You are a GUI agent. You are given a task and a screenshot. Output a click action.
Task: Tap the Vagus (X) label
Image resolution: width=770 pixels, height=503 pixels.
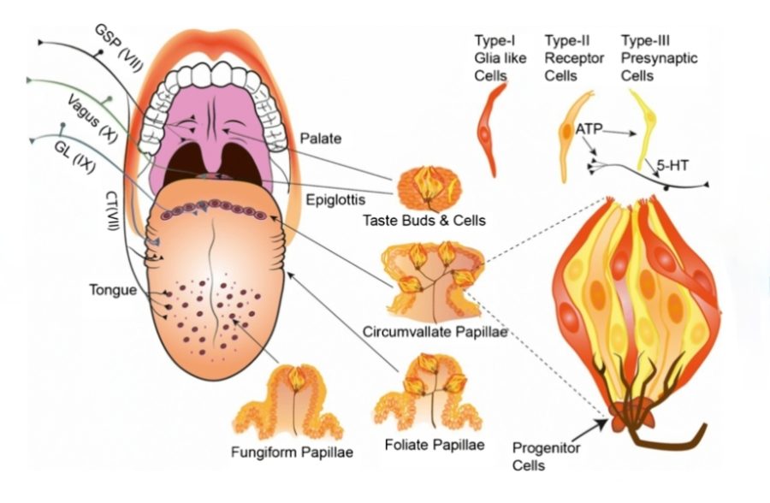click(91, 115)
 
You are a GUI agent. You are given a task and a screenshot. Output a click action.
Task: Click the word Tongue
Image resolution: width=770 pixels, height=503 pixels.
click(112, 290)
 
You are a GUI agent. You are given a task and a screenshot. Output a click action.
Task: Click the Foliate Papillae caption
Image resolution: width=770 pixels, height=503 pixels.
click(434, 445)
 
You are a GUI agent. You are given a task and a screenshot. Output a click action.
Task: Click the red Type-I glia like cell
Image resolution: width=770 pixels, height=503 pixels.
click(489, 128)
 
